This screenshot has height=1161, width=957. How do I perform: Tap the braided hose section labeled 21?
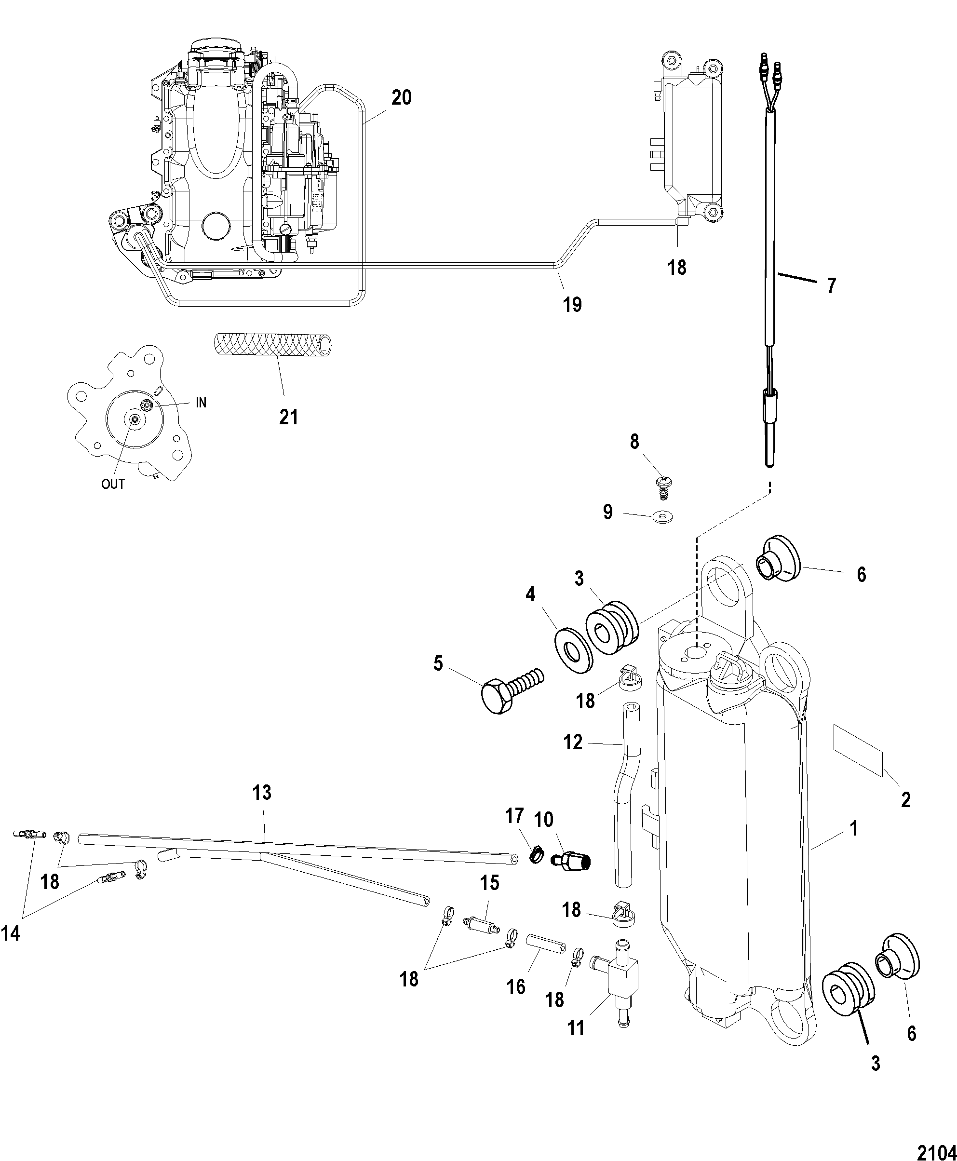tap(273, 345)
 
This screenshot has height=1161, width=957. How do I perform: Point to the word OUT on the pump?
tap(113, 484)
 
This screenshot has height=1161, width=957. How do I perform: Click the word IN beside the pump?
tap(201, 403)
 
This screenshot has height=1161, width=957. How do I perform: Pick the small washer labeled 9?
tap(662, 517)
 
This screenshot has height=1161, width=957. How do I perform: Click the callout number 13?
tap(262, 793)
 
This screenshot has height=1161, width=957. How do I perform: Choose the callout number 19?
tap(572, 304)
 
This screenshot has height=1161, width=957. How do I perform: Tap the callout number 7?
tap(831, 285)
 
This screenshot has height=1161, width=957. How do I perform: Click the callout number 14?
tap(11, 933)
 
